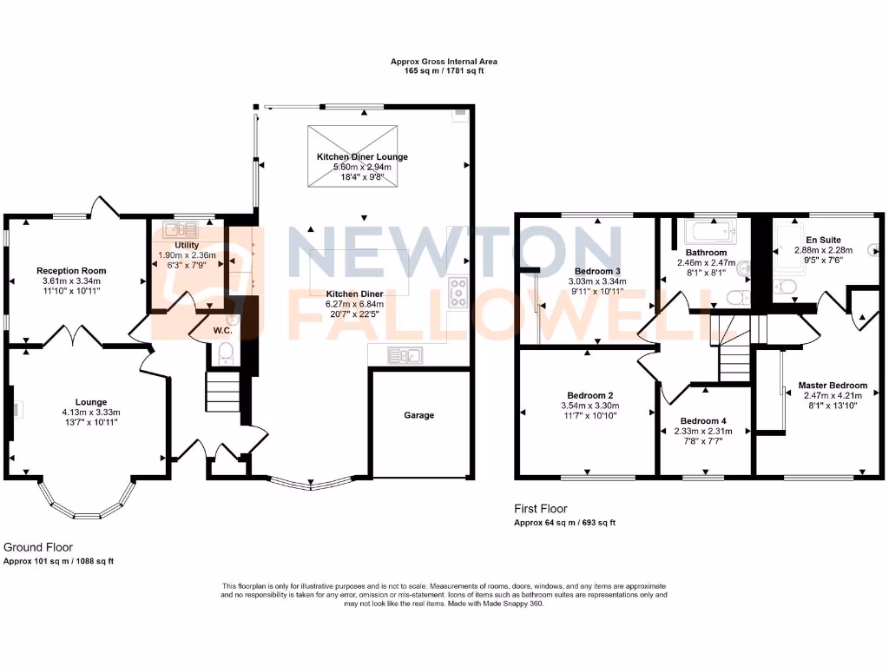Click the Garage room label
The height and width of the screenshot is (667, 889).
tap(418, 415)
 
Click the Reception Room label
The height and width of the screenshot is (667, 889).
tap(71, 270)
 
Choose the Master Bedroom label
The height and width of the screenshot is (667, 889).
tap(833, 386)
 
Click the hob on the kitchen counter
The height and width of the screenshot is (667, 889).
tap(458, 292)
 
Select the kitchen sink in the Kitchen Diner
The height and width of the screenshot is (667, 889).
tap(405, 353)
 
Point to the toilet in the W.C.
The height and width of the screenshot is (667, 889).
tap(224, 353)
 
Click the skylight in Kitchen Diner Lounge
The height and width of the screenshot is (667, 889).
tap(352, 155)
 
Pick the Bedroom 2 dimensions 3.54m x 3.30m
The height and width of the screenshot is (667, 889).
tap(586, 406)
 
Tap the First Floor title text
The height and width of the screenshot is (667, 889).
tap(542, 509)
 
